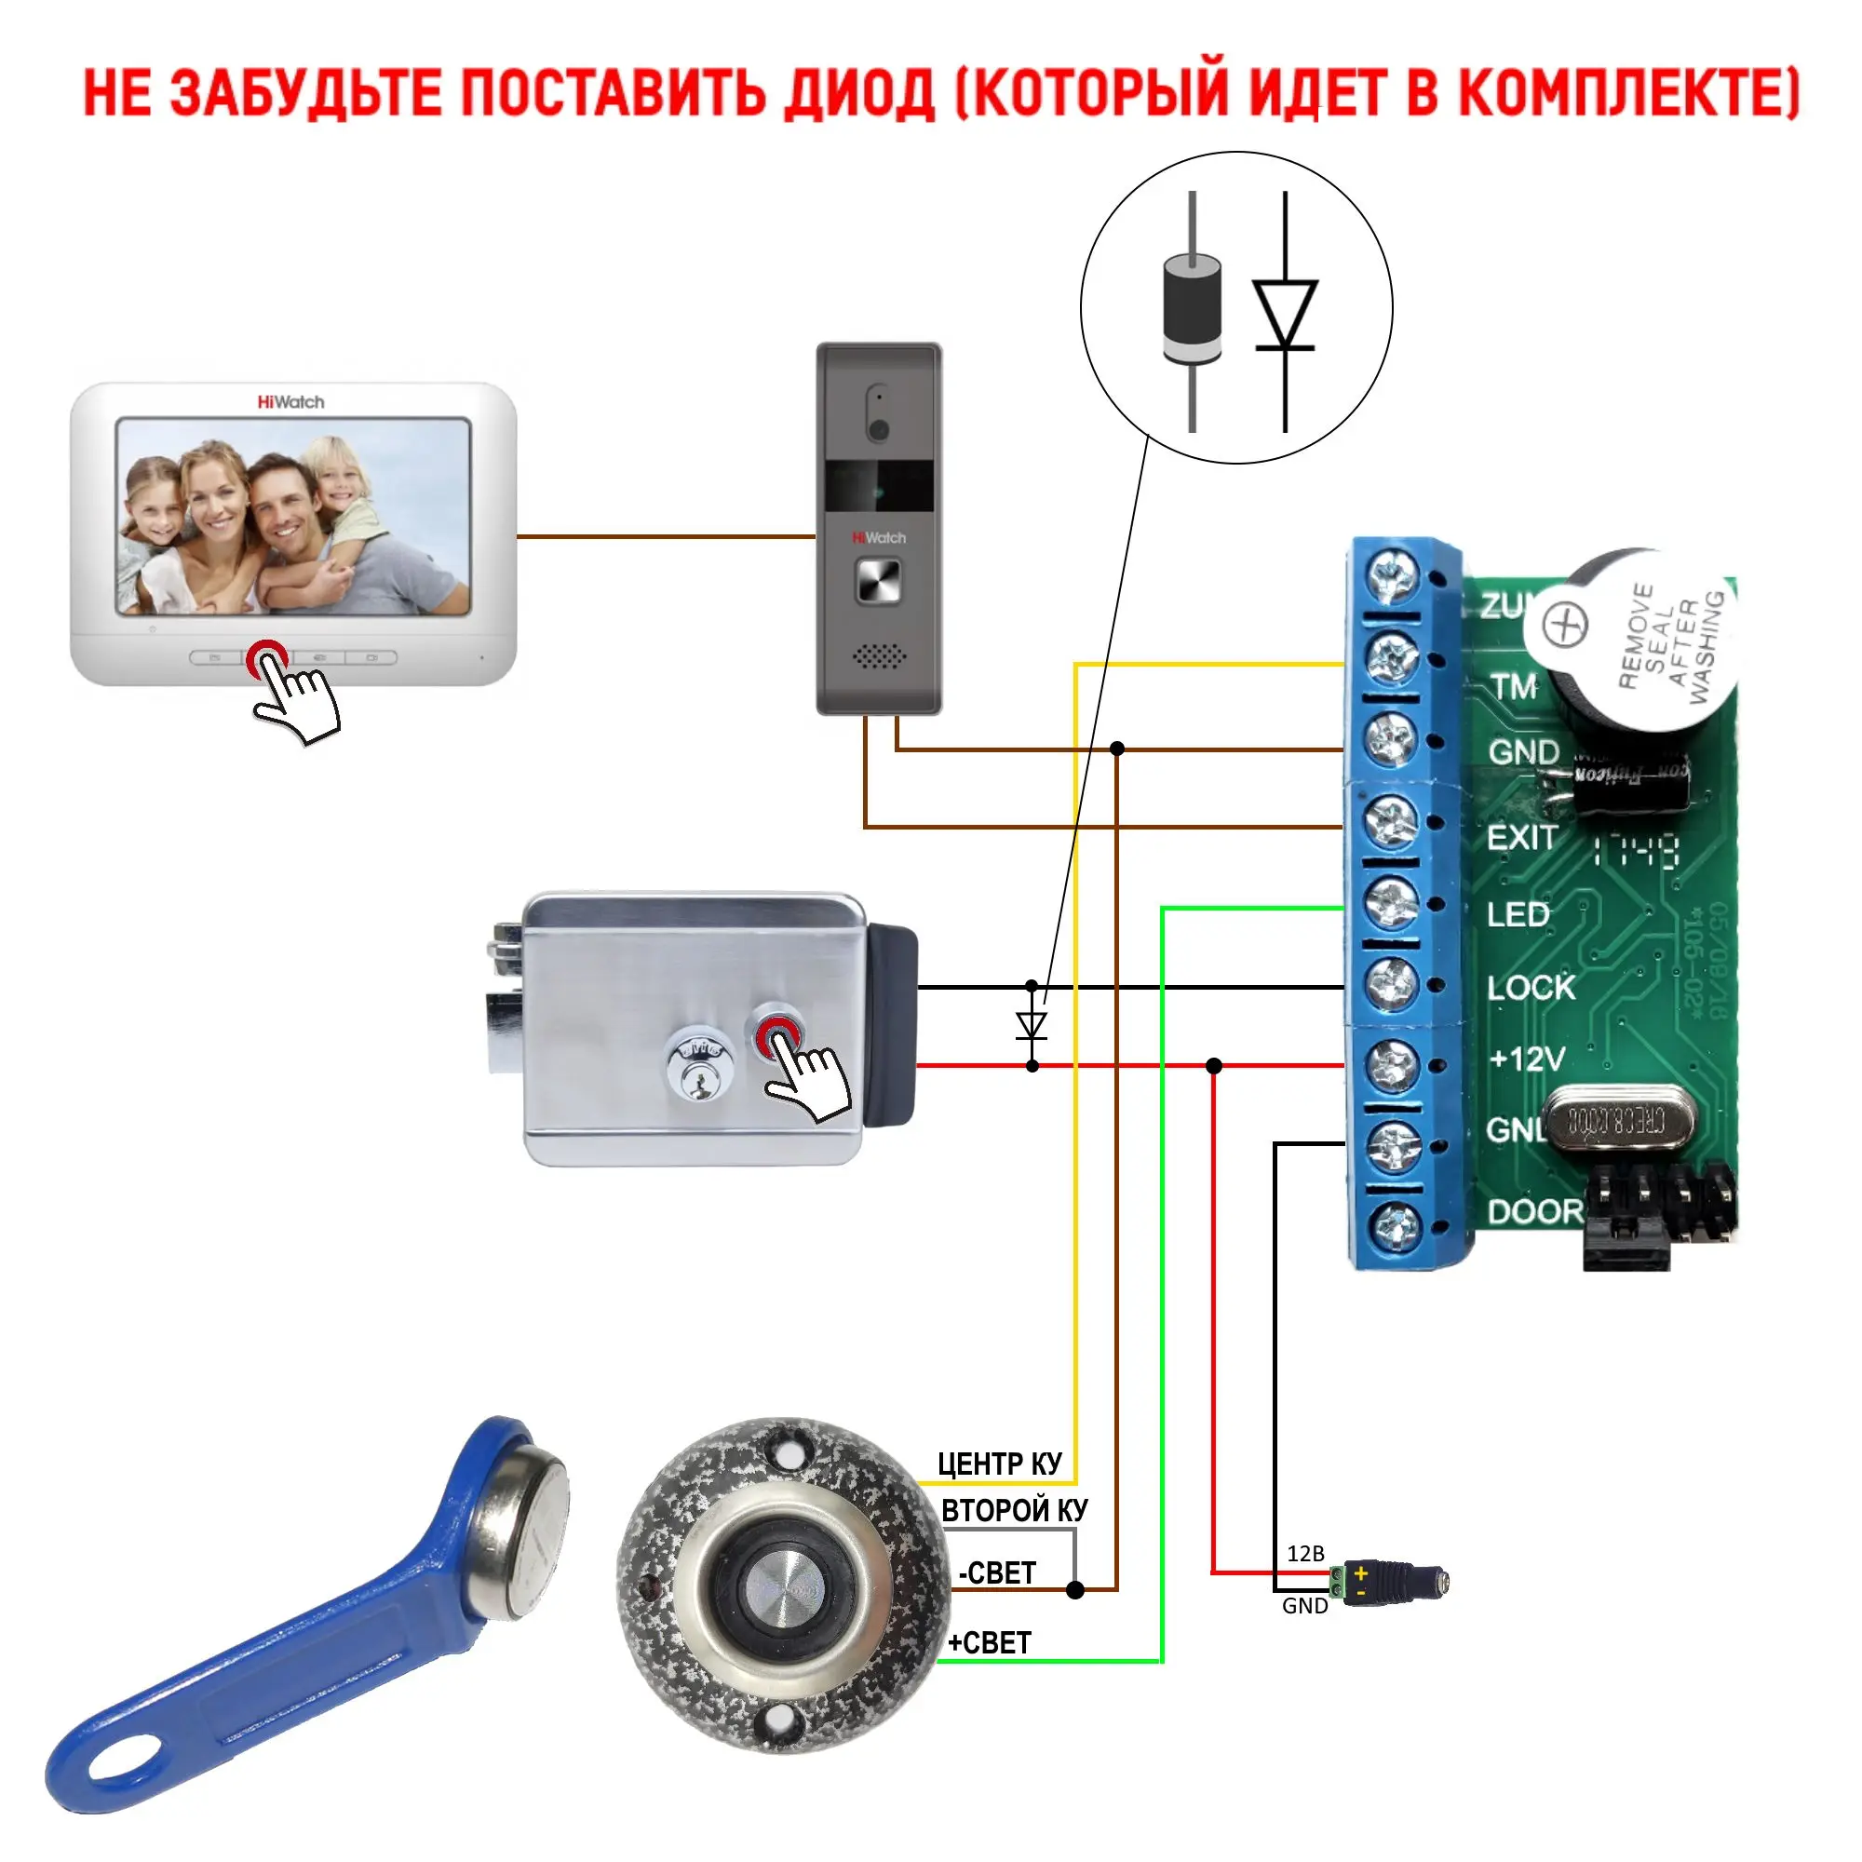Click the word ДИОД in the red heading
coord(858,94)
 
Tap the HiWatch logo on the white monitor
coord(290,402)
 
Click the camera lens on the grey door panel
coord(878,430)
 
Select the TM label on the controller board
coord(1513,687)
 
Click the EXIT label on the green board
coord(1522,838)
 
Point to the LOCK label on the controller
coord(1530,987)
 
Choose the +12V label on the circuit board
coord(1527,1059)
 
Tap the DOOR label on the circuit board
coord(1535,1211)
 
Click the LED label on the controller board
coord(1518,913)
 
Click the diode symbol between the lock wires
coord(1032,1025)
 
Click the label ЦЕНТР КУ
coord(999,1464)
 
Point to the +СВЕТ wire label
coord(990,1642)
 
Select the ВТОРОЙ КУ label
coord(1014,1510)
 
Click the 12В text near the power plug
coord(1305,1554)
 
